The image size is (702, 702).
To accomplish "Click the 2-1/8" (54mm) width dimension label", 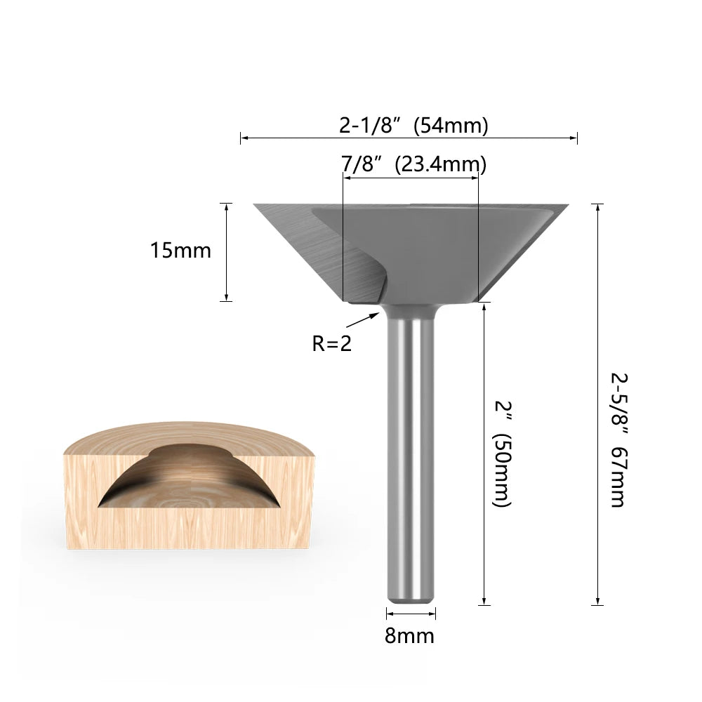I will [x=413, y=125].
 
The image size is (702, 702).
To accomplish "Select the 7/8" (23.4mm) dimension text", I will [x=413, y=164].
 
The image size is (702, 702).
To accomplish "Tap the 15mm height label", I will [x=180, y=251].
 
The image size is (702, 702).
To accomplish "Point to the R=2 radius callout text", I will [x=331, y=344].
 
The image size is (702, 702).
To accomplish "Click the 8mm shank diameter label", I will [x=409, y=636].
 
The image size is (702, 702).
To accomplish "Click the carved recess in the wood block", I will [x=190, y=484].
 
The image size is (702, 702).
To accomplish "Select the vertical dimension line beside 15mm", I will [x=226, y=252].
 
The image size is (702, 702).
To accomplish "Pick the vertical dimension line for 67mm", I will [x=597, y=404].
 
